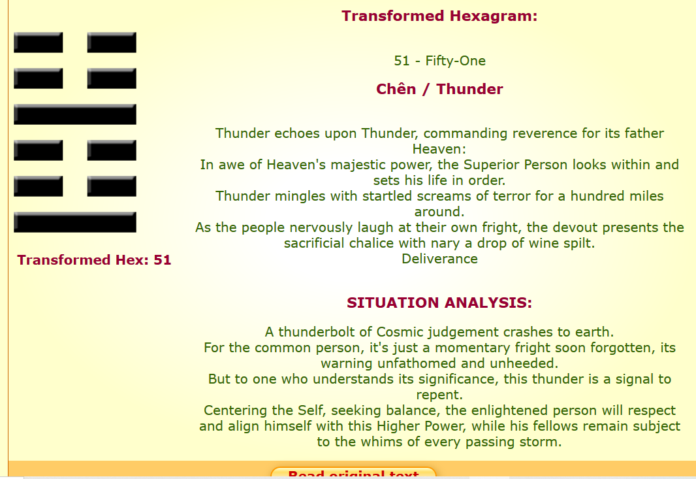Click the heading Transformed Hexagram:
click(x=439, y=16)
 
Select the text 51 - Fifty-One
click(x=439, y=60)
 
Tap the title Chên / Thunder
click(x=439, y=89)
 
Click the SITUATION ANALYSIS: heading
click(x=439, y=303)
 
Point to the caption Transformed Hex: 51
click(x=94, y=260)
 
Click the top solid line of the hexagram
click(x=75, y=114)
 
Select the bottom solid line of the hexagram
click(x=75, y=222)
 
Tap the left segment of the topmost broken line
click(x=38, y=42)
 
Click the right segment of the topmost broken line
click(x=112, y=42)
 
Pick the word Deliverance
click(x=439, y=259)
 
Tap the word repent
click(x=439, y=395)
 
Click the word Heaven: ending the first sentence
click(x=439, y=149)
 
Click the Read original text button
click(x=353, y=472)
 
